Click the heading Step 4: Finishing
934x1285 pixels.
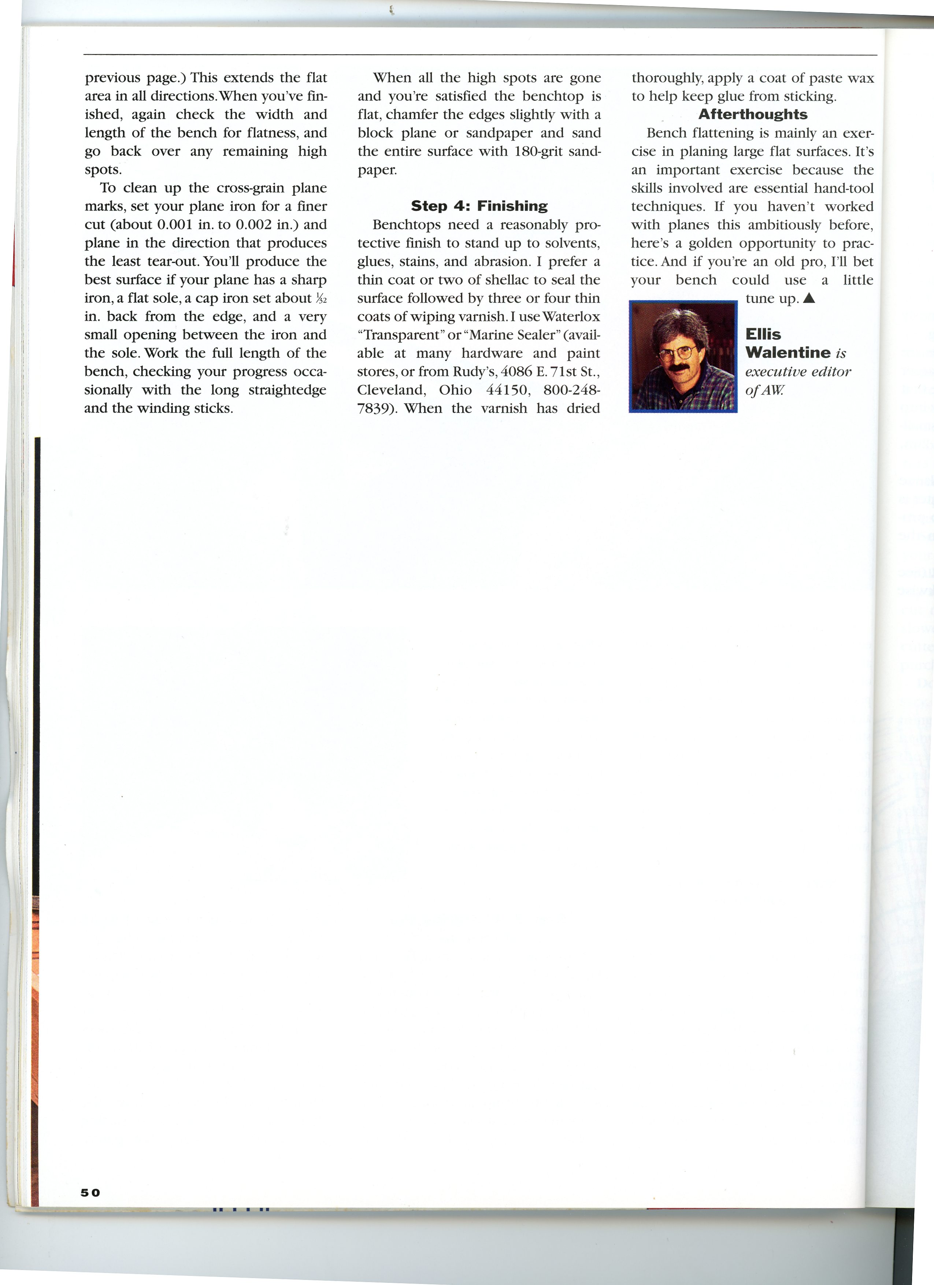tap(479, 206)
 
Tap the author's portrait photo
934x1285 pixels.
tap(683, 356)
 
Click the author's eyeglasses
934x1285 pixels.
tap(678, 353)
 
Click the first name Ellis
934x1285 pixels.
tap(763, 334)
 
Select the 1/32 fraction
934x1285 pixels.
tap(321, 298)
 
